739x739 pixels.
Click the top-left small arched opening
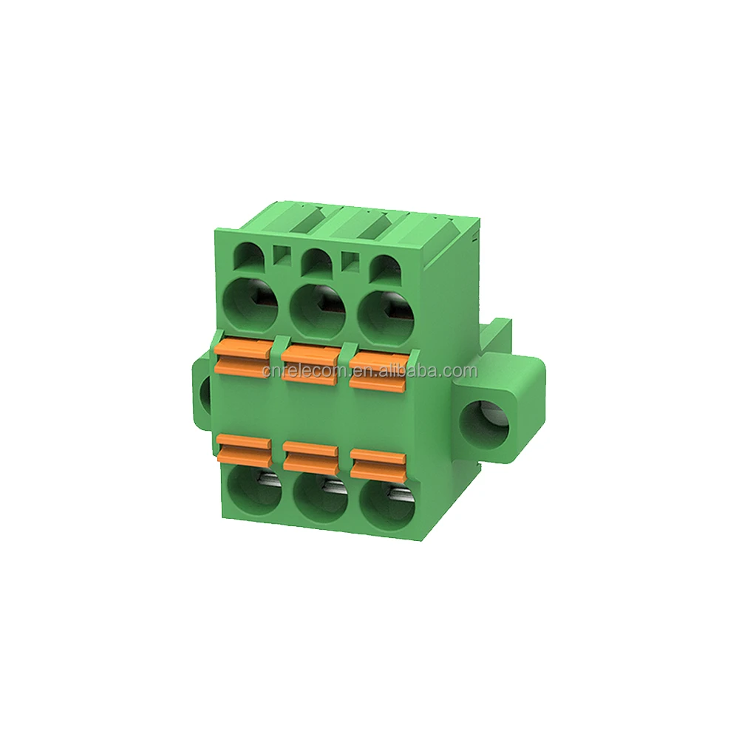pos(250,257)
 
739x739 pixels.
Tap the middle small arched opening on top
pos(316,259)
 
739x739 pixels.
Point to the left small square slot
pos(280,255)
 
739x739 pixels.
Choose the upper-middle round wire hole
pos(319,309)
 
